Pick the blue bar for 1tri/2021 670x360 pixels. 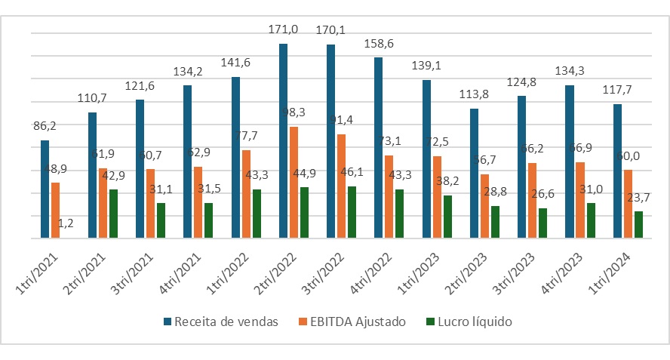pyautogui.click(x=45, y=189)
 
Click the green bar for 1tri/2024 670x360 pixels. pyautogui.click(x=638, y=225)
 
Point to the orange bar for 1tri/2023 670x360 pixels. pyautogui.click(x=437, y=197)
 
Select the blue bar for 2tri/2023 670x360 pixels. pyautogui.click(x=474, y=174)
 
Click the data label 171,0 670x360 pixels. pyautogui.click(x=283, y=29)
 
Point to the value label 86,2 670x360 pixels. pyautogui.click(x=45, y=127)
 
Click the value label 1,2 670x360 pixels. pyautogui.click(x=66, y=223)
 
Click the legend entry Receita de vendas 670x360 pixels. pyautogui.click(x=220, y=322)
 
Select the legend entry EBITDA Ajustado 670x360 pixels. pyautogui.click(x=354, y=322)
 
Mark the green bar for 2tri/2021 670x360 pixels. pyautogui.click(x=112, y=214)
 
